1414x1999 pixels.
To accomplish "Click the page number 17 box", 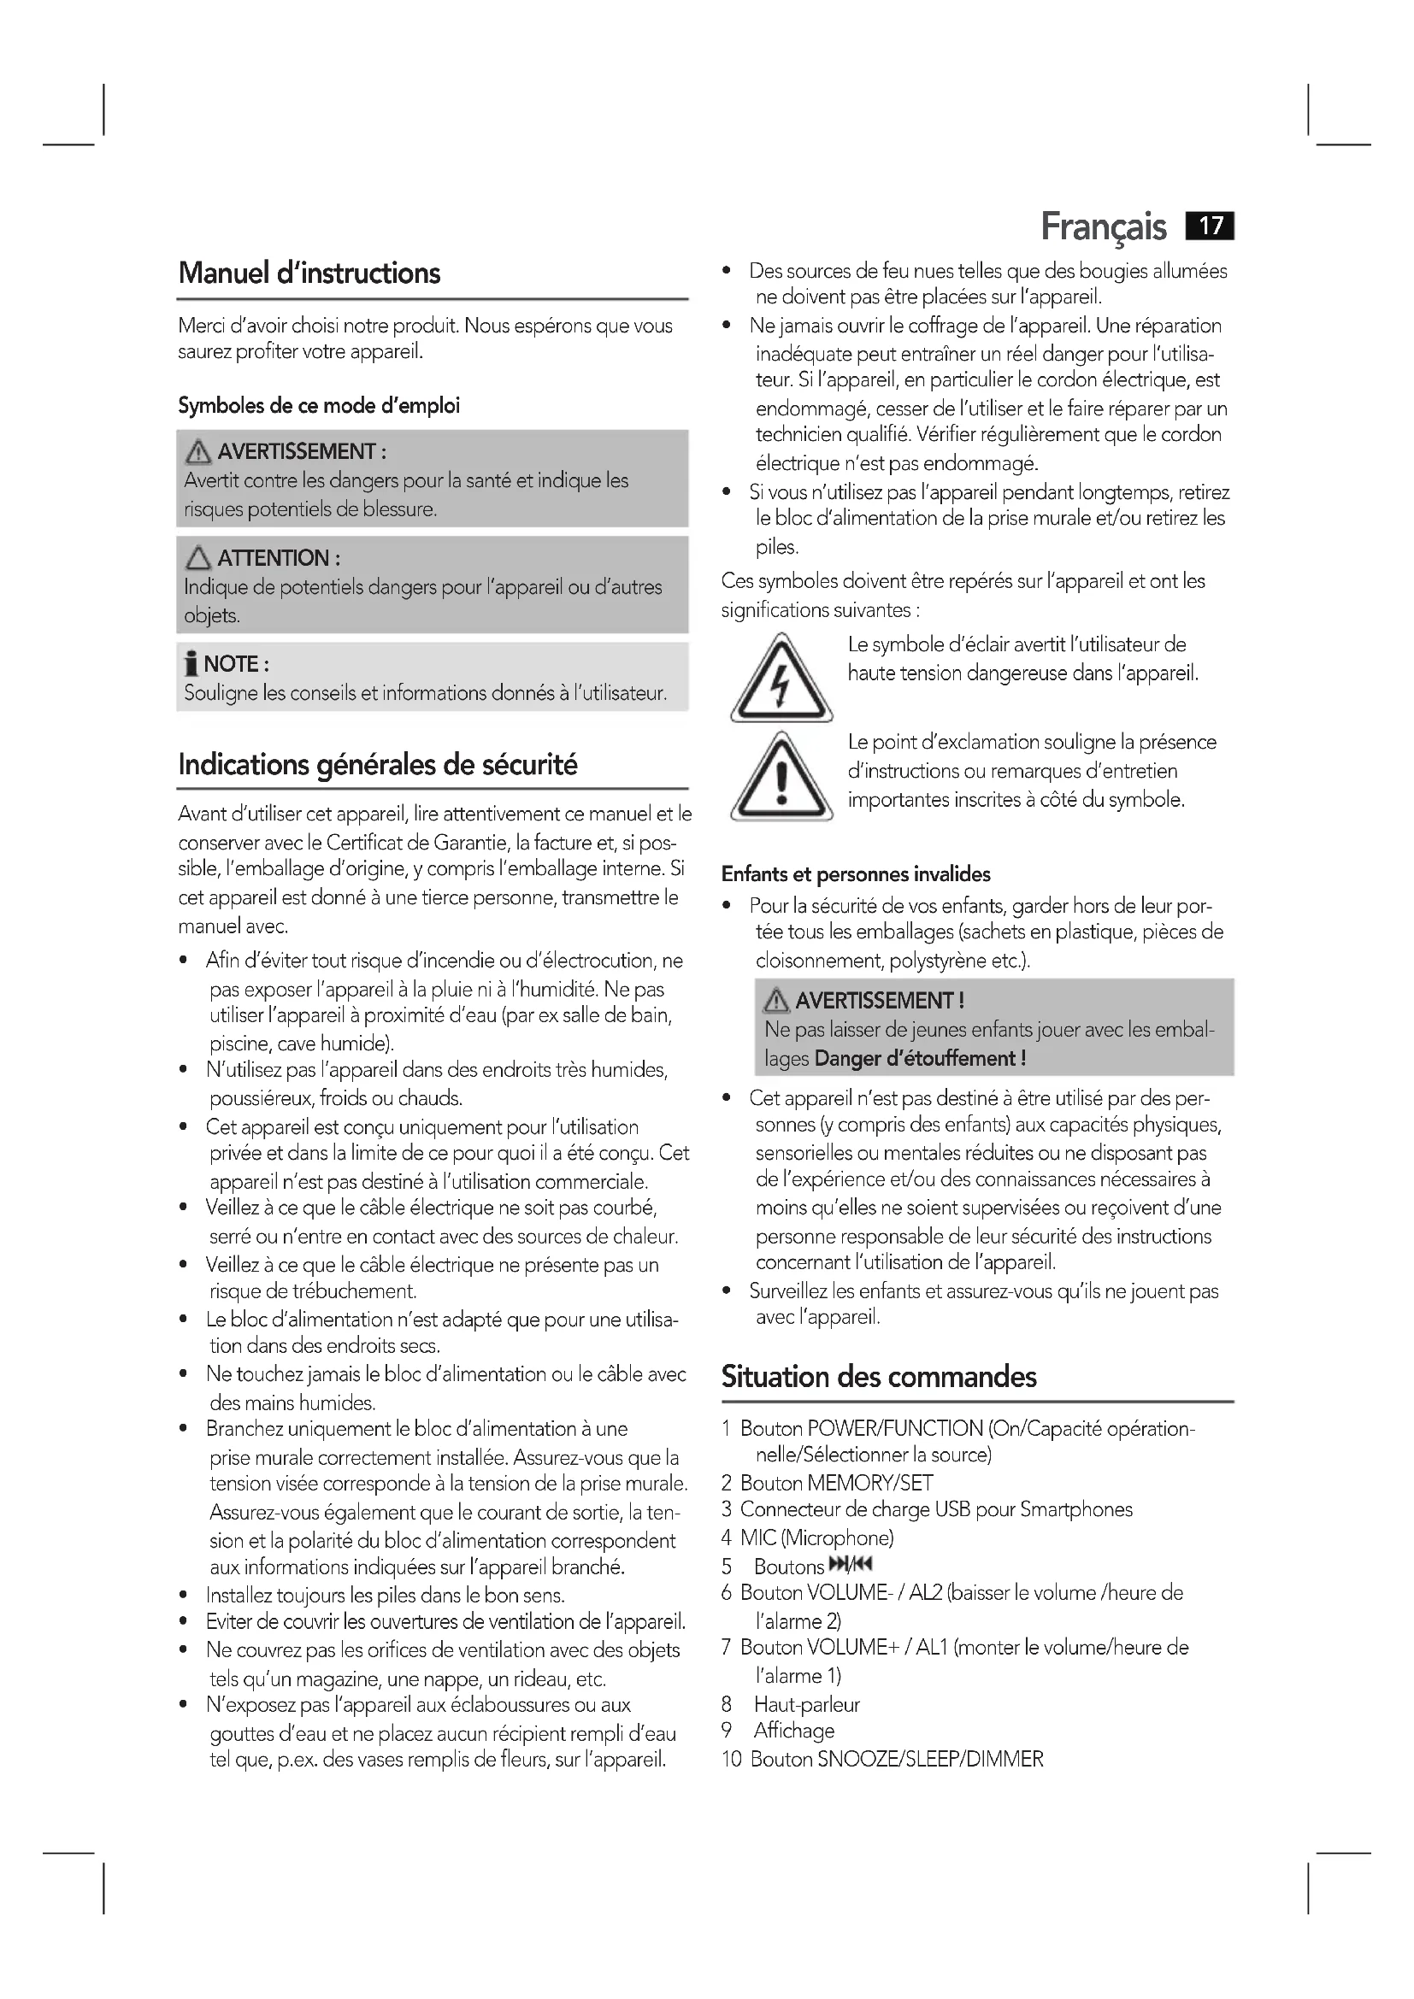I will (1210, 226).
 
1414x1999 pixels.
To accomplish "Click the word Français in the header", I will (1103, 227).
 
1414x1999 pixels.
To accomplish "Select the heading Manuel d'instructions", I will (309, 273).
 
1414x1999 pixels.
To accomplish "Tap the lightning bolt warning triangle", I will (781, 679).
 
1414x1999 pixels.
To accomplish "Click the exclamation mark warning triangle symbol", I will (781, 777).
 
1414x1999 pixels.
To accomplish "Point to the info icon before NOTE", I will (191, 664).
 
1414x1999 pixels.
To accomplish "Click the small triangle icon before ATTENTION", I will (198, 558).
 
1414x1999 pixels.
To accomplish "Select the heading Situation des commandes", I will (879, 1377).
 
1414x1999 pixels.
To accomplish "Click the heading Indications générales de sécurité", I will (378, 764).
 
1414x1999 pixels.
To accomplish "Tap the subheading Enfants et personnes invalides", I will (856, 874).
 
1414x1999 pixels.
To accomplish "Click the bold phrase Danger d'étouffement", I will (920, 1059).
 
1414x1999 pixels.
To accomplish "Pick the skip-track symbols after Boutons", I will (851, 1566).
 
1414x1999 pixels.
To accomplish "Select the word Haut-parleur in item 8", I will (806, 1704).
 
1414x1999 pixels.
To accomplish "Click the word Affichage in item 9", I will (794, 1730).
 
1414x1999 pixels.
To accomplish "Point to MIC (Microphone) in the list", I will (816, 1537).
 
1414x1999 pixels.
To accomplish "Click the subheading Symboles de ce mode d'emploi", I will (319, 406).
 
